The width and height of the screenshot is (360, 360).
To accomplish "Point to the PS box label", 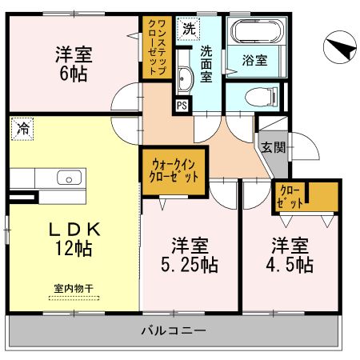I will (x=182, y=105).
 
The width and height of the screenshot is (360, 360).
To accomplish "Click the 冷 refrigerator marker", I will (x=22, y=127).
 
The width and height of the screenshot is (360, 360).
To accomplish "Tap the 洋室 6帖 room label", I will (x=74, y=62).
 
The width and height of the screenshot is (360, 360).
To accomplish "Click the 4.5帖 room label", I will (x=290, y=254).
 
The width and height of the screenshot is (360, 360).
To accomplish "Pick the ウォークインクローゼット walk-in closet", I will (x=174, y=170).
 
